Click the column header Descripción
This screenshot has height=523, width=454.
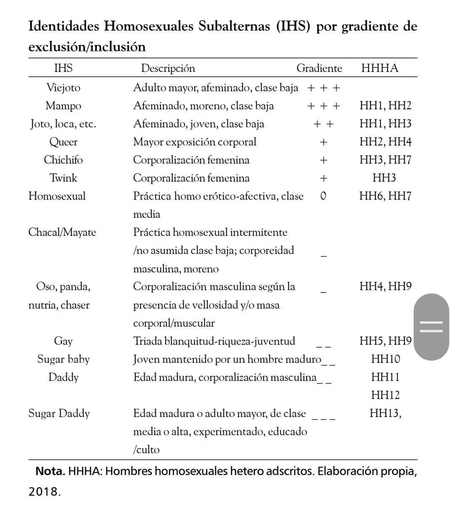coord(168,68)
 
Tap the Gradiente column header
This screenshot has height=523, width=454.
coord(319,68)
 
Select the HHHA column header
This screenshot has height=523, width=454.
coord(380,68)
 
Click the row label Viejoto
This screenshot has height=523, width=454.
coord(63,87)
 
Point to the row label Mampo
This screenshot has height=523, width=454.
coord(63,106)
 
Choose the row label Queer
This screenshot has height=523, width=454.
coord(63,142)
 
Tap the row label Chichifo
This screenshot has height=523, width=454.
coord(63,160)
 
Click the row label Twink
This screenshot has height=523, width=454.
coord(63,178)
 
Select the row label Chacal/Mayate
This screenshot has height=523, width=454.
coord(62,232)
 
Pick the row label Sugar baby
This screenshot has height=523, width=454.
coord(63,359)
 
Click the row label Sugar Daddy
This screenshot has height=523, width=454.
coord(59,413)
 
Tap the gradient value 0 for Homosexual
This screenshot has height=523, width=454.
coord(323,196)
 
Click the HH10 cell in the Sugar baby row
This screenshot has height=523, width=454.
coord(385,359)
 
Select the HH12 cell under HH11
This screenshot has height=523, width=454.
coord(385,395)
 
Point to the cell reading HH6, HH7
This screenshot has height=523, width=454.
coord(385,196)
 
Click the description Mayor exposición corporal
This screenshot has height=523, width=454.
coord(195,142)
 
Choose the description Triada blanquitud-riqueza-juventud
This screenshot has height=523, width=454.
coord(214,341)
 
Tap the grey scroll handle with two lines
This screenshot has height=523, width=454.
coord(431,327)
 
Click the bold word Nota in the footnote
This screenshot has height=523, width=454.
coord(50,471)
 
